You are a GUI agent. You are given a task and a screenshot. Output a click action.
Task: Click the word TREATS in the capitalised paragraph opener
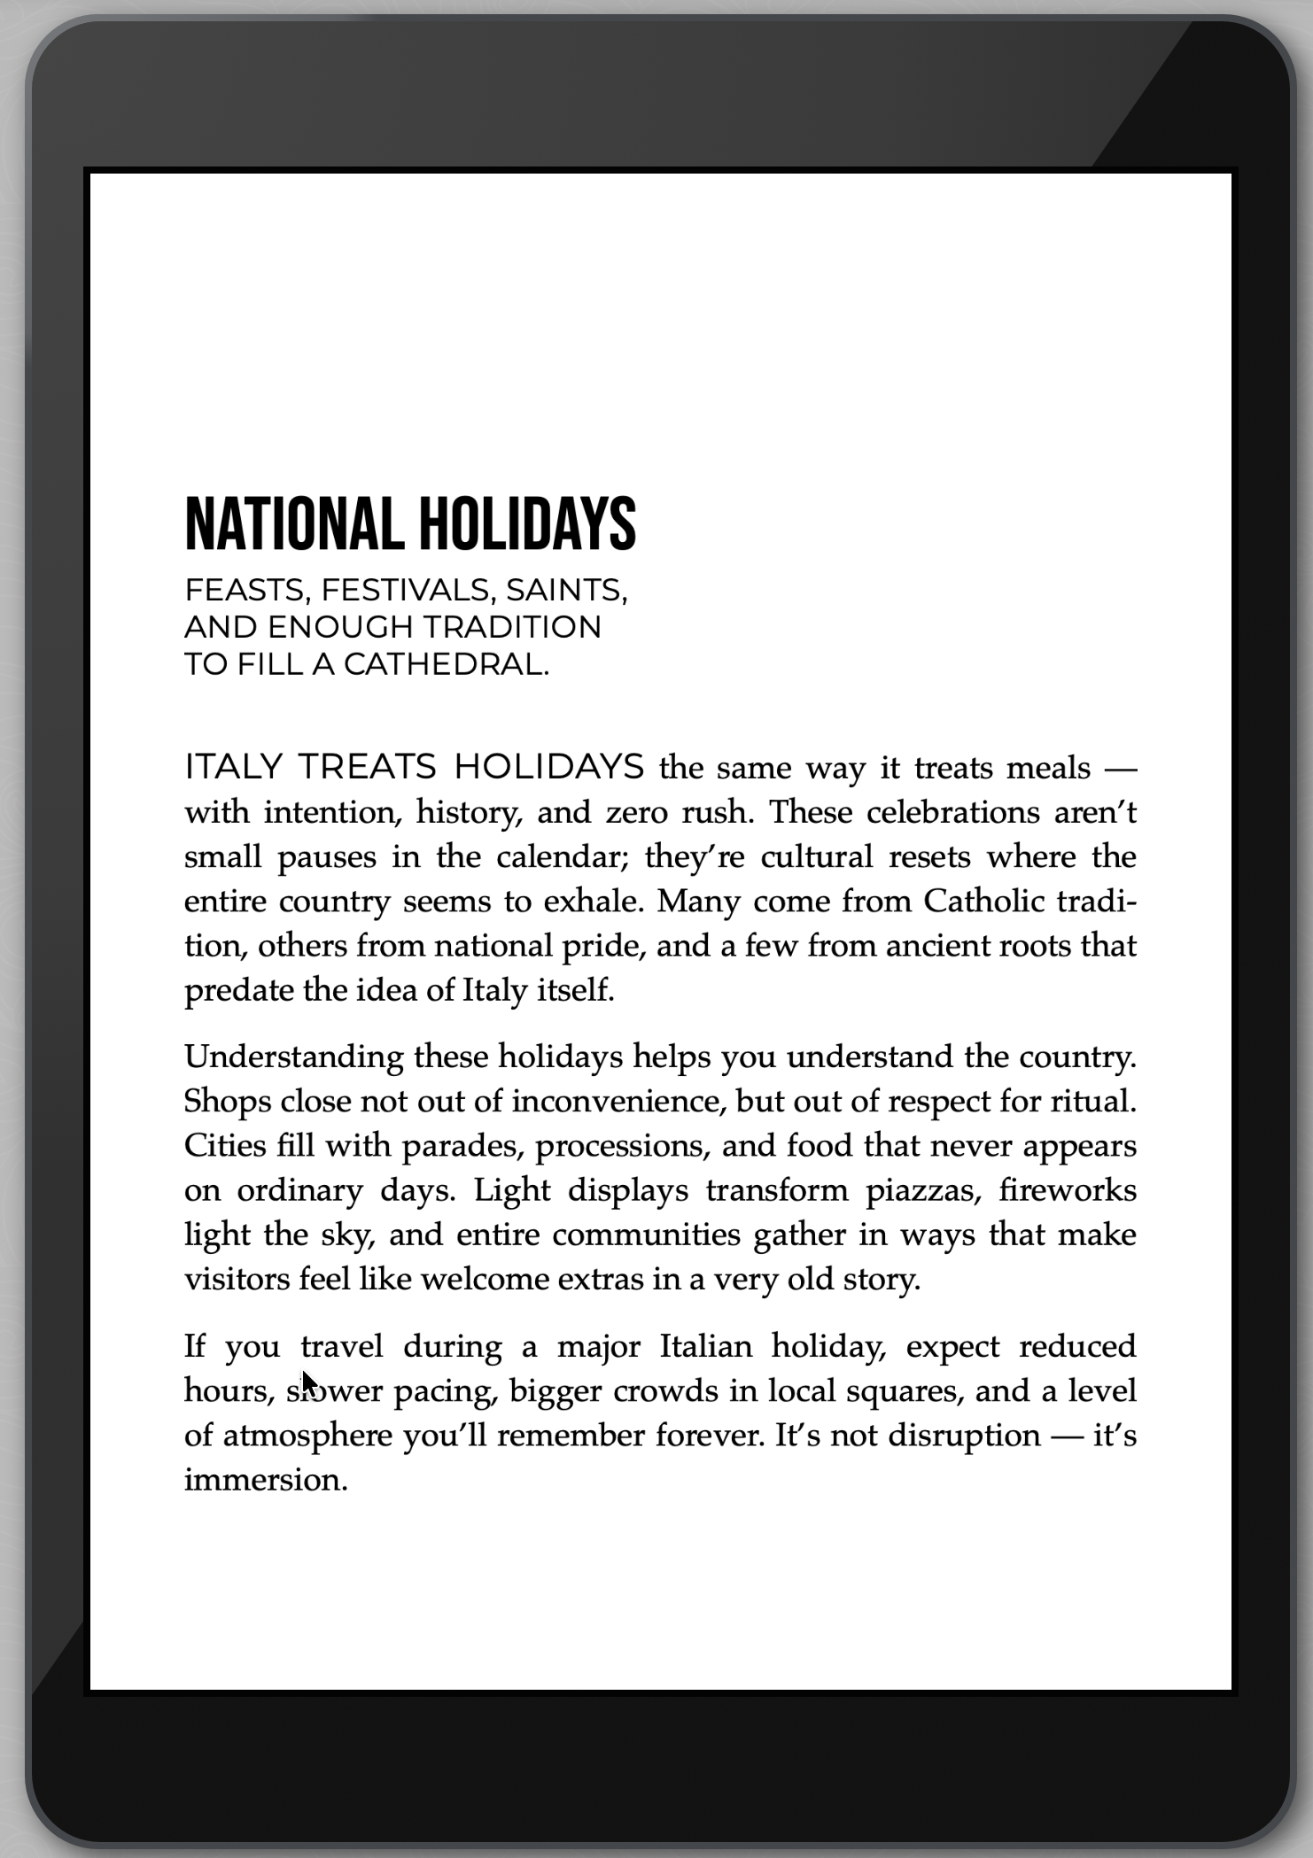367,767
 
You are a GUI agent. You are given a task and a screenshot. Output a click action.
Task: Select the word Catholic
983,901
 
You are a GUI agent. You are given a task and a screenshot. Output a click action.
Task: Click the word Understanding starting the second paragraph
294,1057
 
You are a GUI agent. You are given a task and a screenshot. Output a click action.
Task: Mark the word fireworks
1068,1189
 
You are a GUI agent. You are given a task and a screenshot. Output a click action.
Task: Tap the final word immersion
265,1480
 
